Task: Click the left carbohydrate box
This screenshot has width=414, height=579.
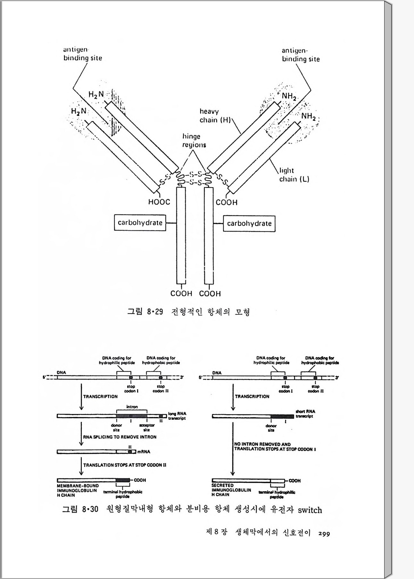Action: click(x=140, y=223)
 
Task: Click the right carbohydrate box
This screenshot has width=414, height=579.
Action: click(x=249, y=223)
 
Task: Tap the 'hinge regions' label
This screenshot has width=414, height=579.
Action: click(x=194, y=141)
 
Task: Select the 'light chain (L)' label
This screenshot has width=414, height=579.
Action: click(x=294, y=175)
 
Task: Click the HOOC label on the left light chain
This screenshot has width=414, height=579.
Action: click(x=159, y=202)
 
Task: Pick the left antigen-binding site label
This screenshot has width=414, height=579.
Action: click(x=82, y=54)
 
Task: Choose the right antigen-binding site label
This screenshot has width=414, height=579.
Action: click(x=301, y=55)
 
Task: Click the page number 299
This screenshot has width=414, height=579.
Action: click(x=324, y=534)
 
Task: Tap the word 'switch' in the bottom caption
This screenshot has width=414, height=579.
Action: click(x=310, y=510)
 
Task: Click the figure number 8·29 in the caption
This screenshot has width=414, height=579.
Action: click(x=155, y=312)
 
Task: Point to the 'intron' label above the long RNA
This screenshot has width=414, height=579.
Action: click(x=132, y=407)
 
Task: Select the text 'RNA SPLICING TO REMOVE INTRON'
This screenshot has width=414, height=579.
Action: click(x=120, y=437)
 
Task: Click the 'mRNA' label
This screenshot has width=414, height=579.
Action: click(x=144, y=452)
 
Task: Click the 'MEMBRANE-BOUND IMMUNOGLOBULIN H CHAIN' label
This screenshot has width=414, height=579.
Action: click(x=78, y=491)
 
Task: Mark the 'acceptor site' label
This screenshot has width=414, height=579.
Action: click(x=147, y=427)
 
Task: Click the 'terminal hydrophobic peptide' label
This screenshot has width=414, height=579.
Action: click(x=122, y=494)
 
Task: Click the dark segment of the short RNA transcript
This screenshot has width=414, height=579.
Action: click(x=282, y=416)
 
